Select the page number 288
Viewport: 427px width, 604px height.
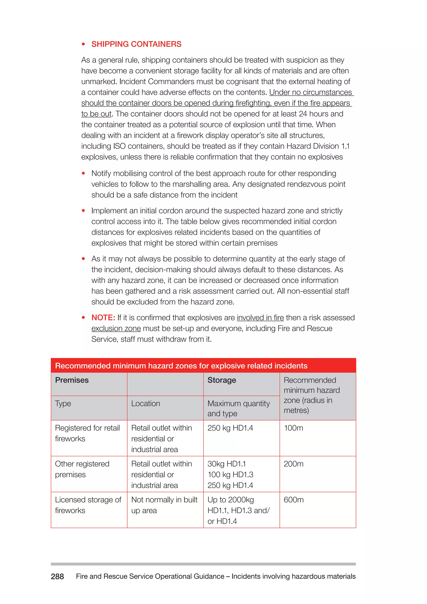(57, 576)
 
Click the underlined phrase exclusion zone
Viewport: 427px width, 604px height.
(116, 328)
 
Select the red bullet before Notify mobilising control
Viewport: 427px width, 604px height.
(83, 173)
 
